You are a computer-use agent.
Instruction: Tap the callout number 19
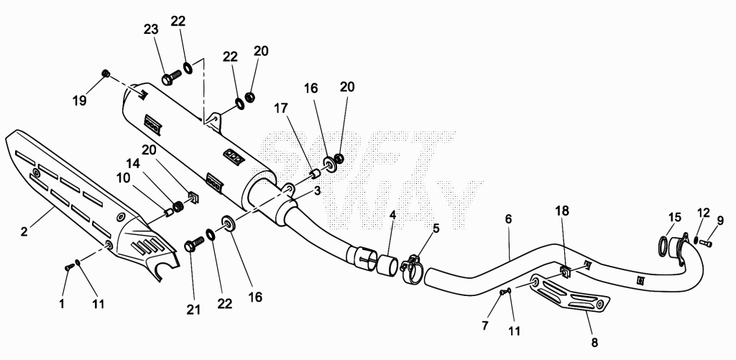[79, 101]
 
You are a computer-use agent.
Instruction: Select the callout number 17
[281, 109]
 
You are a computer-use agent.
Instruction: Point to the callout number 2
[24, 232]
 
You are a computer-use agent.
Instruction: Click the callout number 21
[193, 309]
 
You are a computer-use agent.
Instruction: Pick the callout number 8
[594, 343]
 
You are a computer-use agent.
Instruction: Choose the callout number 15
[674, 217]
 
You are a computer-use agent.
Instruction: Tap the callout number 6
[509, 219]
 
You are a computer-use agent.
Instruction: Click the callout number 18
[562, 211]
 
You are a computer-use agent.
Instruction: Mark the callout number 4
[392, 216]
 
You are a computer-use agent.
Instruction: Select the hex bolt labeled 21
[195, 244]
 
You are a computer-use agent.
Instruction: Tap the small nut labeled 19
[106, 73]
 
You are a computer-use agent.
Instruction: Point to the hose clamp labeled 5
[412, 270]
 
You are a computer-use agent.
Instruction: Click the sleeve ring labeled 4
[388, 264]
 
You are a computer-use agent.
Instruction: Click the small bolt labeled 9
[706, 243]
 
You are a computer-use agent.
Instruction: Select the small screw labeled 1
[69, 267]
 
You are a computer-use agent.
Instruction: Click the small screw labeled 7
[504, 292]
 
